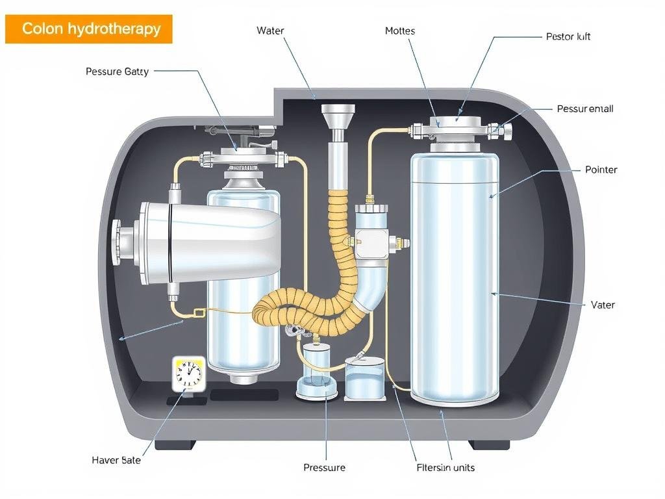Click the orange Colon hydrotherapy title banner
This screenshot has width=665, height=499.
click(89, 29)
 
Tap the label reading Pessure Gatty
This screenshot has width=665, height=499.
click(117, 71)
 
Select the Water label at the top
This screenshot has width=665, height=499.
click(271, 31)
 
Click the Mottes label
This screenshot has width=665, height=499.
click(400, 31)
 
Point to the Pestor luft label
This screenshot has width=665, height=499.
click(568, 36)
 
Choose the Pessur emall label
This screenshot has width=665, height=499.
click(585, 109)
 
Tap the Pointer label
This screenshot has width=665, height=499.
click(601, 170)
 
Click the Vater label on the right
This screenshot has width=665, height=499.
click(603, 305)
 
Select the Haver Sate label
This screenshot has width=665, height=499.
click(117, 460)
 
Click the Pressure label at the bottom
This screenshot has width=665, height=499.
click(324, 467)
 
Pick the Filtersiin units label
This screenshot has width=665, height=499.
click(445, 467)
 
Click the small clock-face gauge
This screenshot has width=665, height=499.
click(189, 374)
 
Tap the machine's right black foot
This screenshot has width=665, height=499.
click(489, 445)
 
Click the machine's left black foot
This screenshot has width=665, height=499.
click(175, 445)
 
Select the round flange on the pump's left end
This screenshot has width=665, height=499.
click(117, 242)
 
